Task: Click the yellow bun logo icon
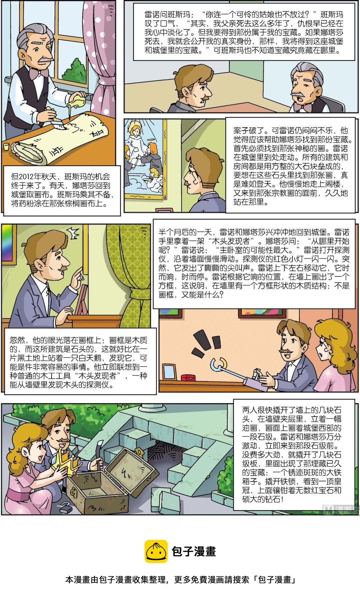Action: [x=156, y=551]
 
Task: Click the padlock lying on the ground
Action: [x=66, y=508]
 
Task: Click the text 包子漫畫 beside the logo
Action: [x=194, y=551]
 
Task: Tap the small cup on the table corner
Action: [x=6, y=147]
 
